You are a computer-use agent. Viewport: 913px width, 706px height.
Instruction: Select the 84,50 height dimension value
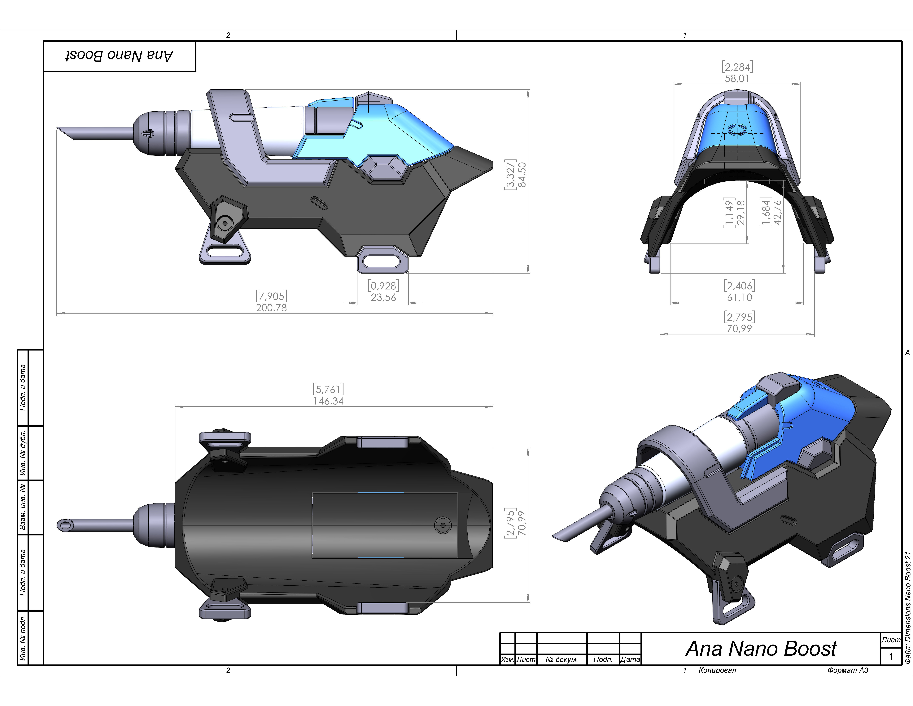tap(522, 175)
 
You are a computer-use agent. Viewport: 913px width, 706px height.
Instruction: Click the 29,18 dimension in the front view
tap(740, 212)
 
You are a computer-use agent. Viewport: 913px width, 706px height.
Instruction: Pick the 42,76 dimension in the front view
tap(777, 212)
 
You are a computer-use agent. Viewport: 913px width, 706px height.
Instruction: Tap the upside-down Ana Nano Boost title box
tap(120, 56)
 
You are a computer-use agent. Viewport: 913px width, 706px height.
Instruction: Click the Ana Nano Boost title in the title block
tap(761, 649)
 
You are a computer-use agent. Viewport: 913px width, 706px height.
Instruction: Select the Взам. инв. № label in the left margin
tap(23, 507)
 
